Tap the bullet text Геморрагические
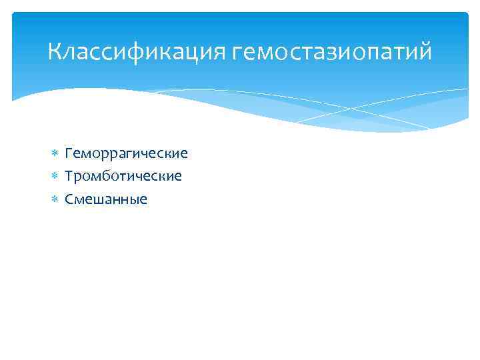tap(126, 154)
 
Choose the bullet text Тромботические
tap(123, 176)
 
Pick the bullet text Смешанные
tap(106, 199)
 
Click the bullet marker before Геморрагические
tap(55, 154)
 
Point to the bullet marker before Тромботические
tap(55, 176)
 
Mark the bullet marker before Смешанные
tap(55, 199)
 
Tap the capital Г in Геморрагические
tap(69, 154)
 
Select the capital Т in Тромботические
tap(69, 176)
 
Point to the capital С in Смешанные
tap(69, 199)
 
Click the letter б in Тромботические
tap(111, 176)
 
